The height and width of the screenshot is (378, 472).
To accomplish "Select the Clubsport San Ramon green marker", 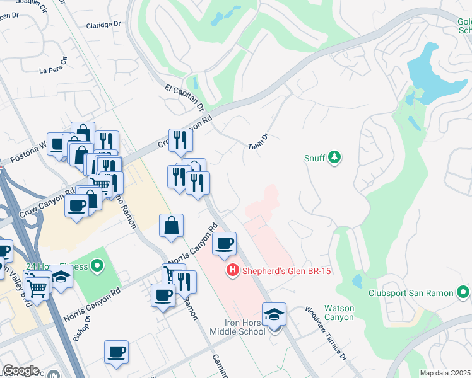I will [464, 293].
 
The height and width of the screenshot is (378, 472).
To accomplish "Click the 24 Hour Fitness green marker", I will [97, 267].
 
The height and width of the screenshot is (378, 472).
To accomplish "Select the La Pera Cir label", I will [53, 67].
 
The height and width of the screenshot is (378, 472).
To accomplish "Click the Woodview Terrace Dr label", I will [326, 333].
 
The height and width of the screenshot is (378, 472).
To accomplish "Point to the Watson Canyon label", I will [339, 312].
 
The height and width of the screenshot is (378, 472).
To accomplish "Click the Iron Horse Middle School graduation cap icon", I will [274, 314].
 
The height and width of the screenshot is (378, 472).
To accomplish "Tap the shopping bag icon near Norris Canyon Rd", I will [172, 226].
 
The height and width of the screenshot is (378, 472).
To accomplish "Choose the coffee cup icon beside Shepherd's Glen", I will [224, 243].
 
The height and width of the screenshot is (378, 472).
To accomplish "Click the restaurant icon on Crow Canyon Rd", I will [180, 140].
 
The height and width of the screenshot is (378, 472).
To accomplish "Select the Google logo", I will [21, 370].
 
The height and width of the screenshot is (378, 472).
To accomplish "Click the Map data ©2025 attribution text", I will [445, 373].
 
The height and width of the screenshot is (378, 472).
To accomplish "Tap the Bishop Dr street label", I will [81, 325].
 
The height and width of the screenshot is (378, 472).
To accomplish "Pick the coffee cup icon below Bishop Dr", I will [117, 352].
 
